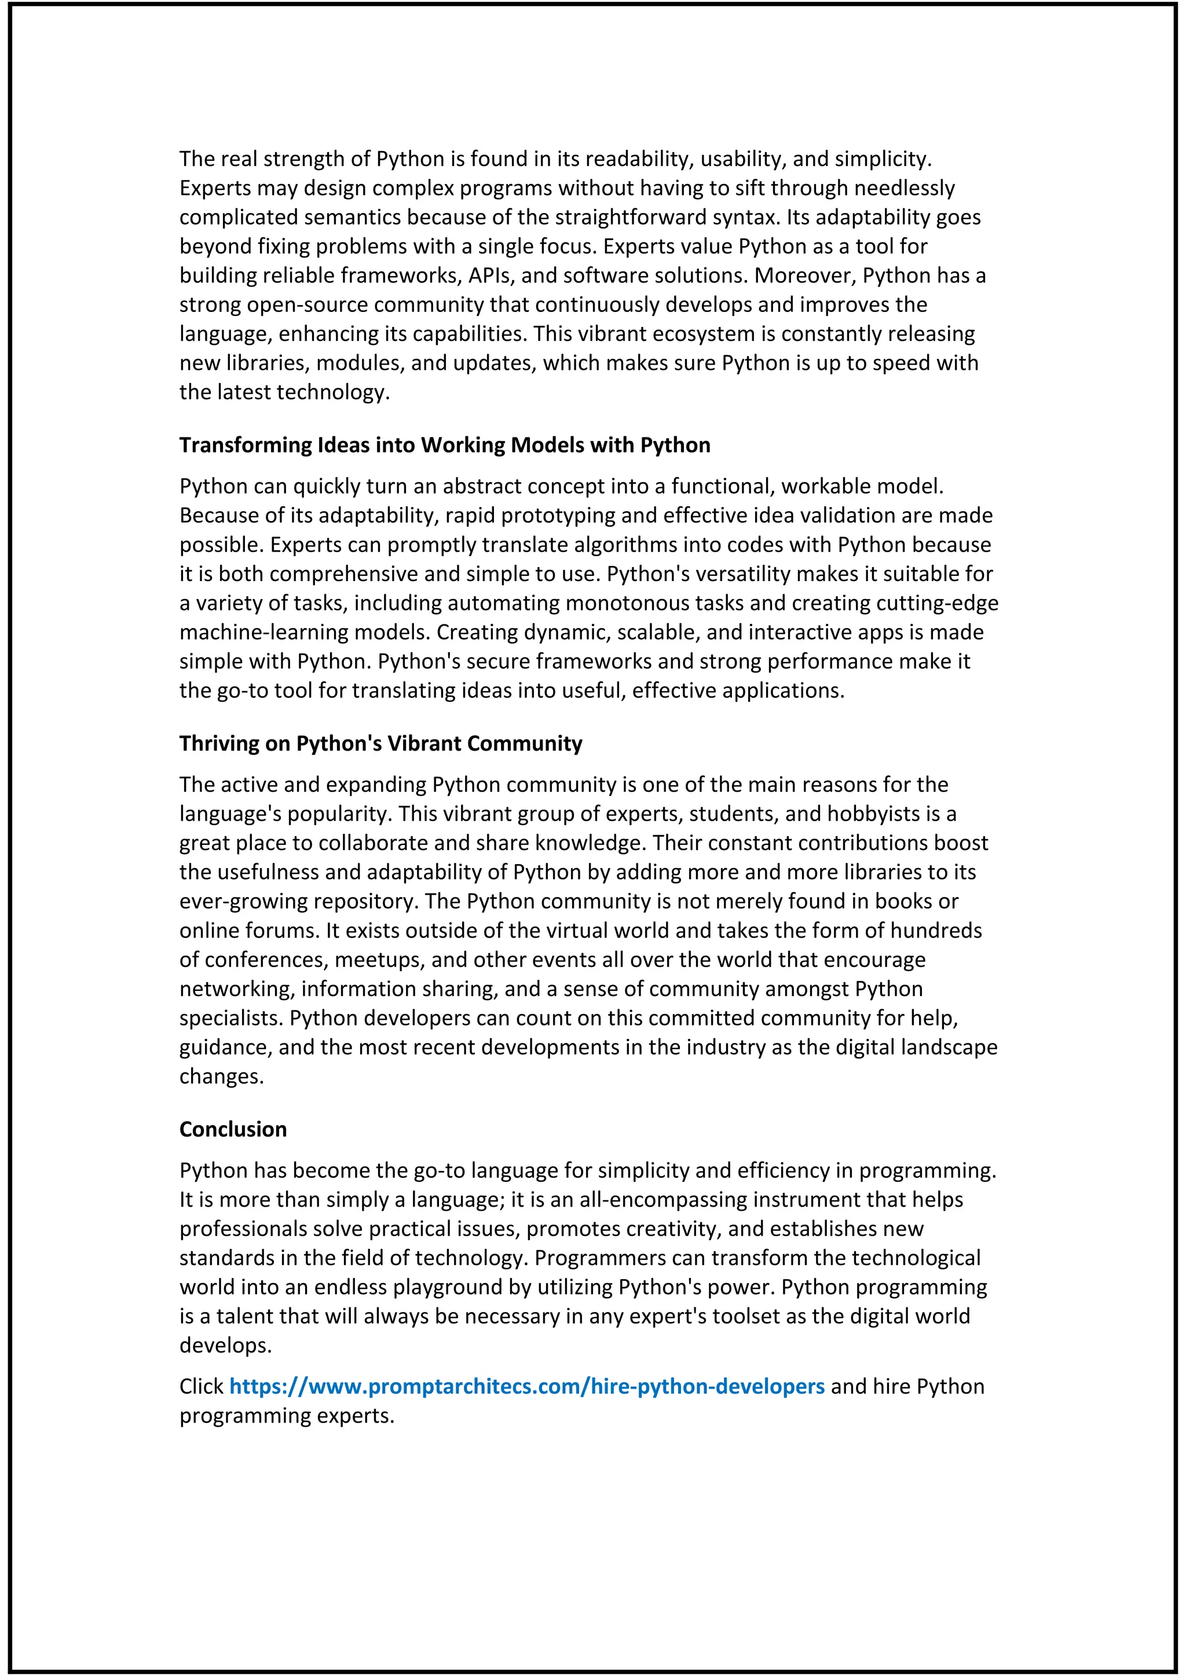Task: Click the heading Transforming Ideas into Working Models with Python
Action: coord(445,444)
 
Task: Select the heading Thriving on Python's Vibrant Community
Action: coord(380,743)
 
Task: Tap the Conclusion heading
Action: coord(233,1129)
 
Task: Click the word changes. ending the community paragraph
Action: coord(221,1076)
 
